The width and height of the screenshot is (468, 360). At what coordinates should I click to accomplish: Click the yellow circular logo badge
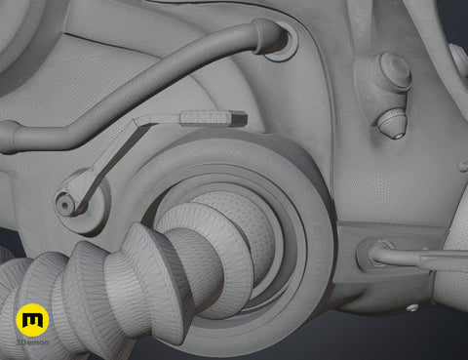click(32, 320)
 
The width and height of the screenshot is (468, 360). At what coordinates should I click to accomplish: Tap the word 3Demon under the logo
click(32, 342)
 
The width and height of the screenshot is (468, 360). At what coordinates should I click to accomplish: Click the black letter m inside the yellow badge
click(32, 320)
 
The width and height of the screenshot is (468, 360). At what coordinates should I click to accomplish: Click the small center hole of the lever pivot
click(64, 205)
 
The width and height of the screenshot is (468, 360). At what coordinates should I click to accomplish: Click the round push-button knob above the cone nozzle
click(395, 71)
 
